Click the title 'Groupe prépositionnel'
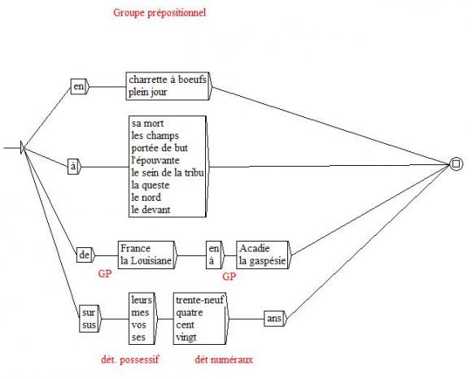point(160,13)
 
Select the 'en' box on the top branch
point(79,87)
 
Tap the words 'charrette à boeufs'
point(168,80)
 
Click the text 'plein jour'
point(148,92)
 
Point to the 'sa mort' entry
point(147,124)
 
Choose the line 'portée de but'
point(160,148)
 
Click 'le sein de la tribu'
point(168,172)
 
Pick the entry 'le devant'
point(151,210)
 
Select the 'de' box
point(85,255)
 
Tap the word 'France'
point(135,248)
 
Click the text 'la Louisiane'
point(146,261)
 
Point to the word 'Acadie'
point(255,248)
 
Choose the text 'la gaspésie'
point(262,261)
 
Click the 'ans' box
point(274,318)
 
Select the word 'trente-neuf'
point(200,300)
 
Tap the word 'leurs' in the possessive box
point(142,300)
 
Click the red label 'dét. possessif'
point(130,359)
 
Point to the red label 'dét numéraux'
point(224,359)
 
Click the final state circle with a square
point(456,164)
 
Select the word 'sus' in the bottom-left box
point(89,325)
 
